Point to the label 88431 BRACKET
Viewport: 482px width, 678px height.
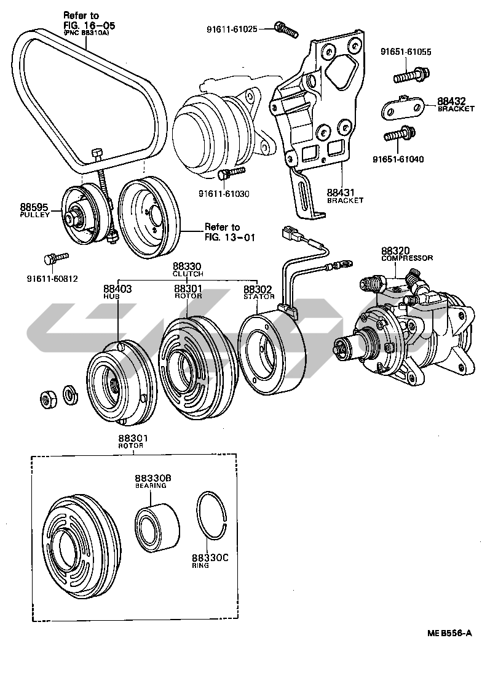344,195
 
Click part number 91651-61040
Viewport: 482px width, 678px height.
398,159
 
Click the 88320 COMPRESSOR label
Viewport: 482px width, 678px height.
406,254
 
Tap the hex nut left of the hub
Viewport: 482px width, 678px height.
47,399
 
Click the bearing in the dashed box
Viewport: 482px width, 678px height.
156,527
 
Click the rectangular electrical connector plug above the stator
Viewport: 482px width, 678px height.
288,234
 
